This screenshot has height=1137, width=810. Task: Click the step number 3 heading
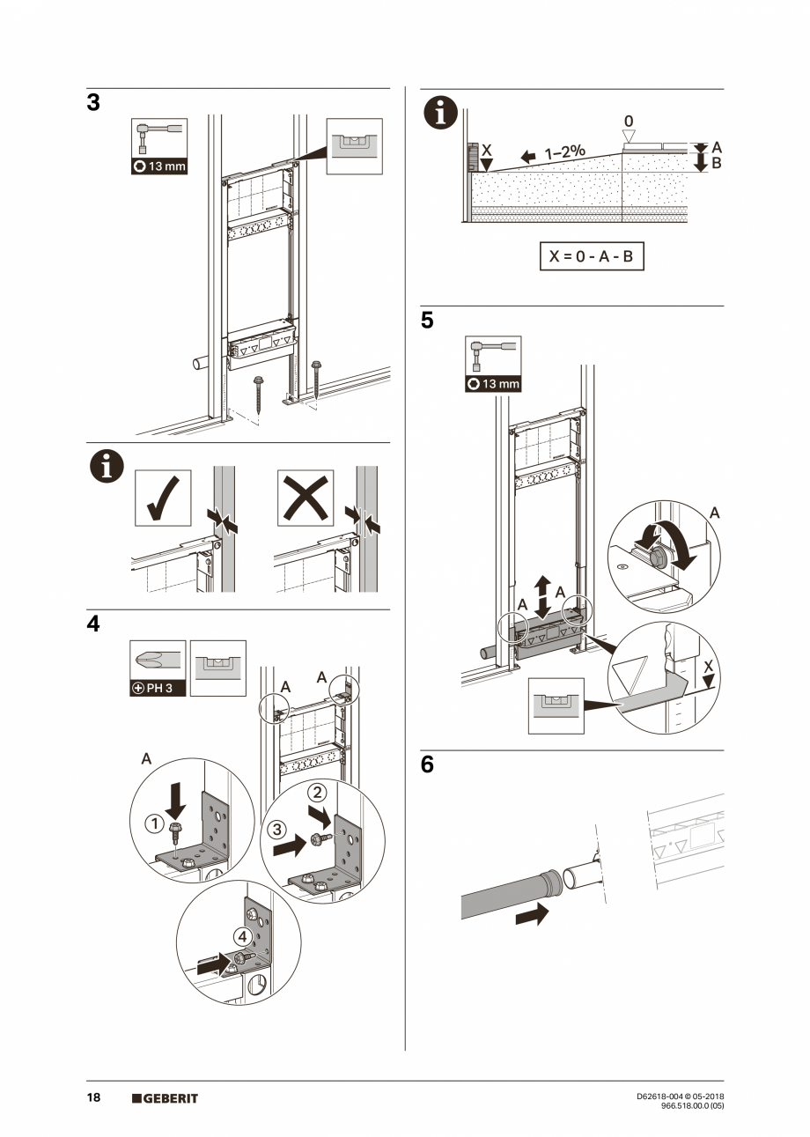[x=93, y=103]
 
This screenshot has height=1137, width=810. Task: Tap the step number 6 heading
[x=427, y=765]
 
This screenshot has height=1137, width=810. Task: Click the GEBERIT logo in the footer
[x=165, y=1098]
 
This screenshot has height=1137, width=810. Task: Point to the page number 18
[x=93, y=1097]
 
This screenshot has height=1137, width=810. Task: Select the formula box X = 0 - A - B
[x=591, y=256]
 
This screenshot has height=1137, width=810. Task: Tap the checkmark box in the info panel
[x=163, y=498]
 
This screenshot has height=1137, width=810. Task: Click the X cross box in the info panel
[x=306, y=498]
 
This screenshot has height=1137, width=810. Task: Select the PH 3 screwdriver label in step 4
[x=158, y=688]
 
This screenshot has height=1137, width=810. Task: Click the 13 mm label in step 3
[x=159, y=166]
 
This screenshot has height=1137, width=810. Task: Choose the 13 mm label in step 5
[x=492, y=383]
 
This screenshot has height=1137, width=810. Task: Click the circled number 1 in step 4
[x=154, y=823]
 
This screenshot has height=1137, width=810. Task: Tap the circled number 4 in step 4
[x=241, y=935]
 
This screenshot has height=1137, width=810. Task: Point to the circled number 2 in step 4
[x=320, y=792]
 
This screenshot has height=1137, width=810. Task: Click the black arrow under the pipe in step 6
[x=530, y=915]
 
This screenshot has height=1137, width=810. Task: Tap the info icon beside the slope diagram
[x=441, y=114]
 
